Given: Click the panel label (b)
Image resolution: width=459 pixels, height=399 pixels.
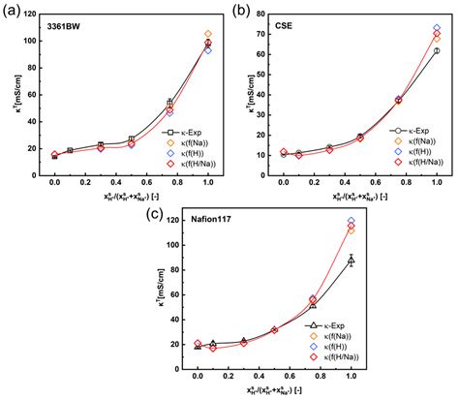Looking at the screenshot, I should (237, 10).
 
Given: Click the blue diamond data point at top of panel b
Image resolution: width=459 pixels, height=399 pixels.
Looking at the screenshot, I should (437, 29).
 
